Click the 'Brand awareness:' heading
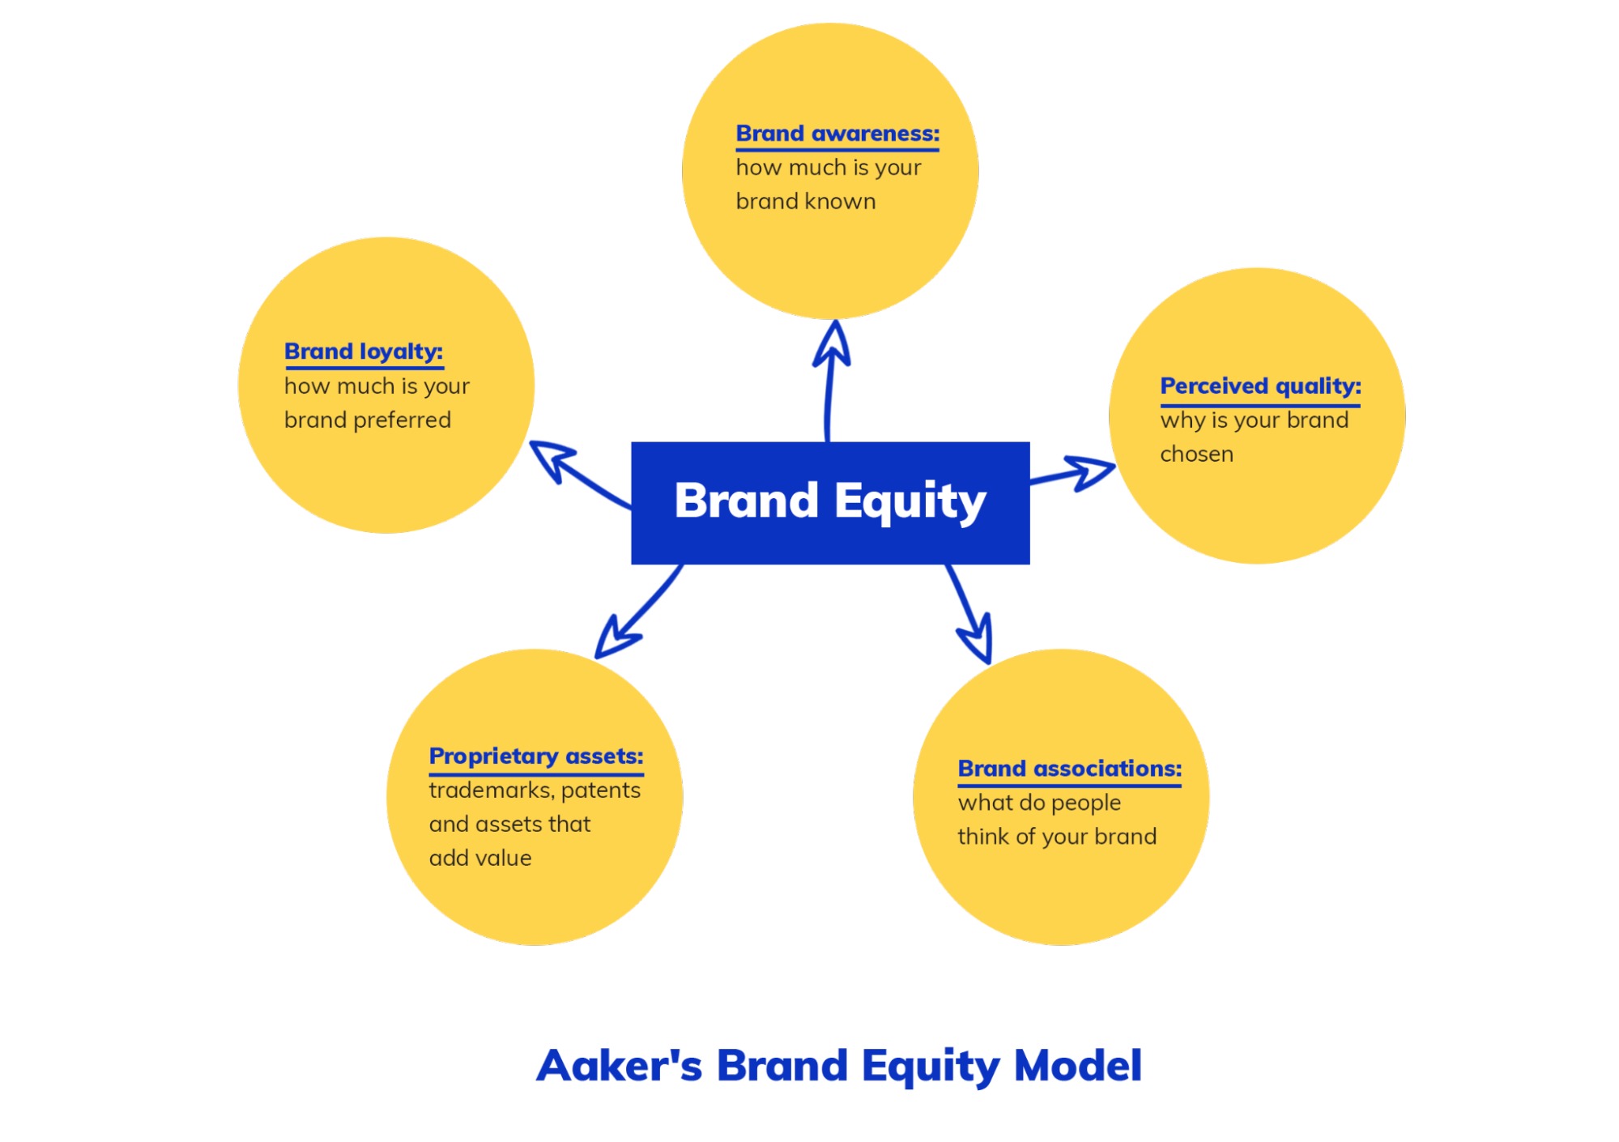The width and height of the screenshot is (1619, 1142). coord(837,134)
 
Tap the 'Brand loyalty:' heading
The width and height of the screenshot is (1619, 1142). coord(363,352)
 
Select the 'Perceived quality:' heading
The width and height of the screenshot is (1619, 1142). coord(1259,386)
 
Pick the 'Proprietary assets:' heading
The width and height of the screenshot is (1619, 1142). coord(535,756)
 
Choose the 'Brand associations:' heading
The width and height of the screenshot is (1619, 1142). coord(1069,769)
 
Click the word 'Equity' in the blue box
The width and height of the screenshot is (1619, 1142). coord(910,501)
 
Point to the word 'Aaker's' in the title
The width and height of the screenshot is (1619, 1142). coord(619,1066)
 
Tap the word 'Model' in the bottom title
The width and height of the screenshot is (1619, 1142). coord(1077,1066)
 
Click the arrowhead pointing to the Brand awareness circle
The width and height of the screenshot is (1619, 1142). coord(833,344)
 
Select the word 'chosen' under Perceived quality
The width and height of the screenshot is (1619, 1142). coord(1196,454)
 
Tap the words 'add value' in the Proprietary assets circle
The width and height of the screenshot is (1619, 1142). coord(480,859)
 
